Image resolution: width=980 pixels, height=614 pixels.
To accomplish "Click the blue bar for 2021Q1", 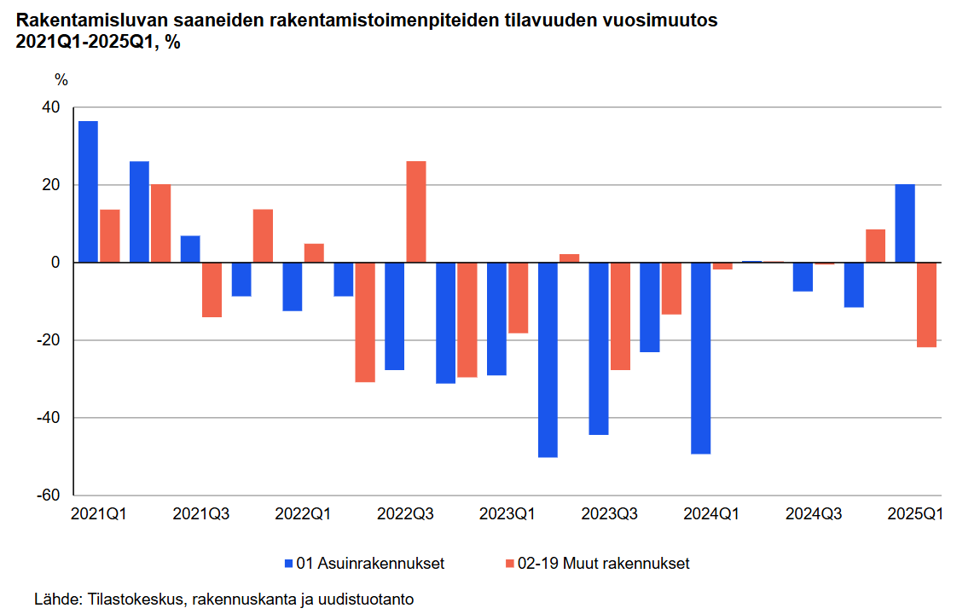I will tap(88, 192).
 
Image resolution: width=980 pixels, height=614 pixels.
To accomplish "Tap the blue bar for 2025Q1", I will tap(905, 223).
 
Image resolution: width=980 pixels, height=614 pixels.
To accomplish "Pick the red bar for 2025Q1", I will tap(926, 304).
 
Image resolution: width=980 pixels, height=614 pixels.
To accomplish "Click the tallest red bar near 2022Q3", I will tap(416, 211).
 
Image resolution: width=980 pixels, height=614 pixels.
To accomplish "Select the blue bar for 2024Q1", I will tap(700, 358).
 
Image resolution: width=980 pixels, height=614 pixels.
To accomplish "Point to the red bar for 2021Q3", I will tap(212, 290).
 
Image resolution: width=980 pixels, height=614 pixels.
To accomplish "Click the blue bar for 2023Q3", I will tap(599, 348).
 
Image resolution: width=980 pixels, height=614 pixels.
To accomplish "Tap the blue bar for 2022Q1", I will tap(293, 287).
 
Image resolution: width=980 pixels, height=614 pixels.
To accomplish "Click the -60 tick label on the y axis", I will tap(48, 495).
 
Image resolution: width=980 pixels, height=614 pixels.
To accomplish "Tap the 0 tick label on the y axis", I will tap(55, 263).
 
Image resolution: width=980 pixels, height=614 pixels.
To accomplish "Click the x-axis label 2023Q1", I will tap(507, 514).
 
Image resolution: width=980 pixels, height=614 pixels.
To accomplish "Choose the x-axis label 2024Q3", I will tap(814, 514).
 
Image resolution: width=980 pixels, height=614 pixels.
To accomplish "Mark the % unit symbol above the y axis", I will tap(61, 80).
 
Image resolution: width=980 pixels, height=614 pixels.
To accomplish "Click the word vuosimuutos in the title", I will tap(662, 20).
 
